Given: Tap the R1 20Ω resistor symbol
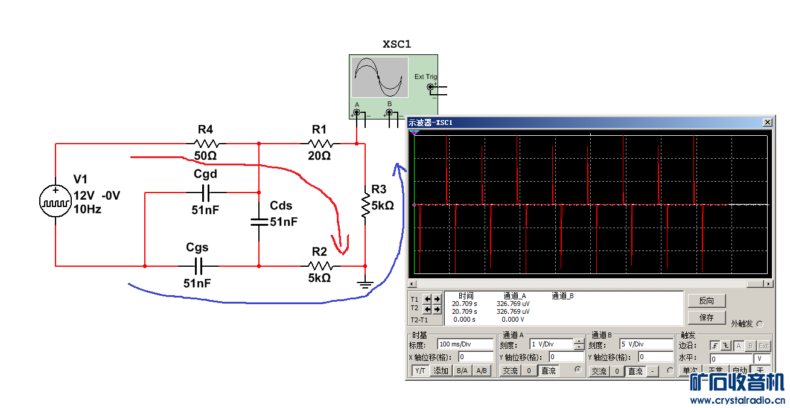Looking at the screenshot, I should pos(319,144).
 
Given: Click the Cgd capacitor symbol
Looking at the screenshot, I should pos(205,193).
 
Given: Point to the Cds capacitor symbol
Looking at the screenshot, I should pos(258,222).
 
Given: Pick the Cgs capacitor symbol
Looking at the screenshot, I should pos(198,266).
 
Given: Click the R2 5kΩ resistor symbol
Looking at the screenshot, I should pos(319,266).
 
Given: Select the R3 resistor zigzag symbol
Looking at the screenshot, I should pos(365,205).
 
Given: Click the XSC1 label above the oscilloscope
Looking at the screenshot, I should pos(397,44).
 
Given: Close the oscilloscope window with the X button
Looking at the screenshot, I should pos(767,123).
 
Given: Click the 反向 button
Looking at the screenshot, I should pos(706,301).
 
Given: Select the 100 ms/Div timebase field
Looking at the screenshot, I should pos(465,345).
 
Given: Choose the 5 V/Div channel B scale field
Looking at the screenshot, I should pos(646,345).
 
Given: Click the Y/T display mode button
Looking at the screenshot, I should pos(419,371).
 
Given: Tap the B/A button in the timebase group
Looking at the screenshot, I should pos(462,371).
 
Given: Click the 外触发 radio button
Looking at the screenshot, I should pos(759,324).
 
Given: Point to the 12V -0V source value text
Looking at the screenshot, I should pos(97,196).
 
